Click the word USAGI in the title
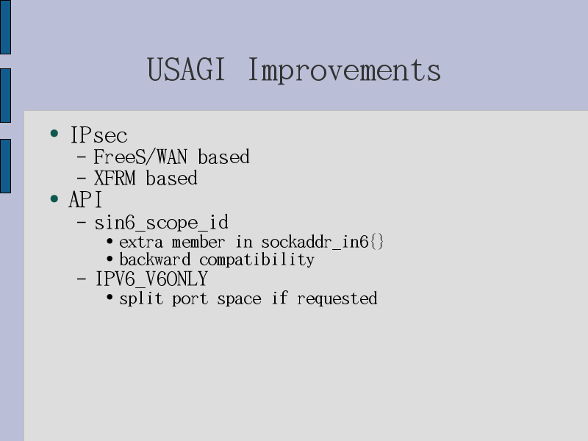(186, 69)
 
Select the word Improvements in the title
(344, 71)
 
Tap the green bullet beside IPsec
(54, 133)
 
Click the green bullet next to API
(54, 198)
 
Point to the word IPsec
(99, 135)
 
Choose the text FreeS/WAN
(140, 157)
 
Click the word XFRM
(115, 178)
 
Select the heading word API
(85, 199)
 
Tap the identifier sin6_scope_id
(161, 223)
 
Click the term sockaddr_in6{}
(323, 242)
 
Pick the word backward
(155, 259)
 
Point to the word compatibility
(257, 260)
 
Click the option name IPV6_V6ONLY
(151, 279)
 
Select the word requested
(337, 299)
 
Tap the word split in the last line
(141, 299)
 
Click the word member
(198, 242)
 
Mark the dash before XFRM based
(82, 179)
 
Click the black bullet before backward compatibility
(110, 259)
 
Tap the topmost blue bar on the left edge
(5, 27)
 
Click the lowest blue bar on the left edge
(5, 166)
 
